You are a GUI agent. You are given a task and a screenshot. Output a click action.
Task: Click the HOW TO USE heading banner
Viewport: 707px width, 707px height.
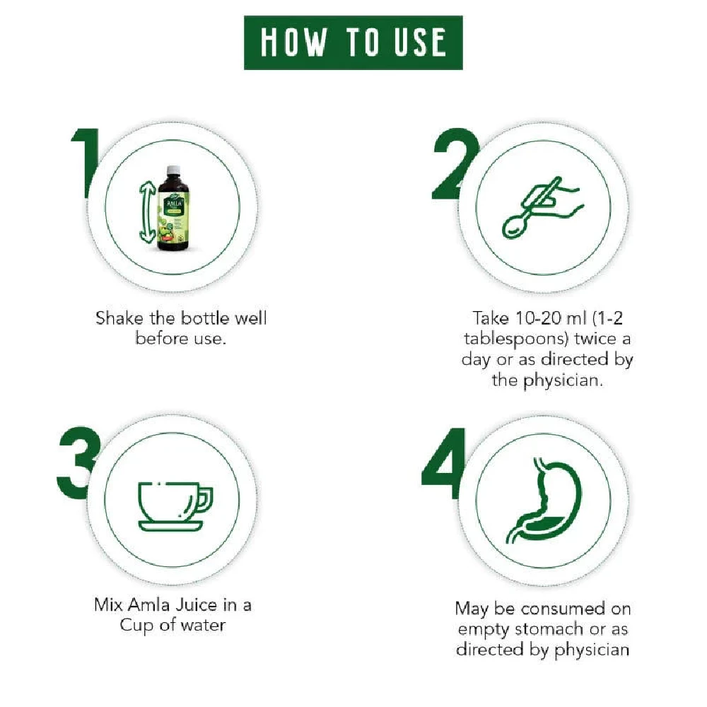pos(353,42)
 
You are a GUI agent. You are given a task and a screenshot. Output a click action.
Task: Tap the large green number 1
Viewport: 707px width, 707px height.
pos(86,164)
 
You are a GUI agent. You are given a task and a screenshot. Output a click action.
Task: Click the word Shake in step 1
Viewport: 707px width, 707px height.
pos(118,317)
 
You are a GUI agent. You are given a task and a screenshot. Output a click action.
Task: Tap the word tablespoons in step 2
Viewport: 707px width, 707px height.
pos(522,339)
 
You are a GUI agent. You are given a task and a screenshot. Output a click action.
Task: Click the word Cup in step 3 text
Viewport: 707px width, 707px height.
pos(135,626)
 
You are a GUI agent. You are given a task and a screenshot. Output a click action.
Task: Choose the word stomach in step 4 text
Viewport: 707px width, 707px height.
pos(551,629)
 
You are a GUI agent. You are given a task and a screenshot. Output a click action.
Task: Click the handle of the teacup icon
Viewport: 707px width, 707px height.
pos(204,500)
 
